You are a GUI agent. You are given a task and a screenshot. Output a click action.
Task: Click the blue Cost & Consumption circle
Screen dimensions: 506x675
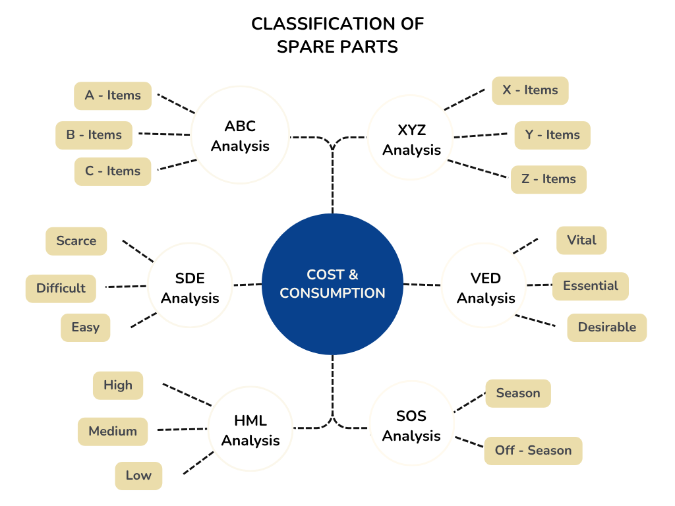(x=332, y=284)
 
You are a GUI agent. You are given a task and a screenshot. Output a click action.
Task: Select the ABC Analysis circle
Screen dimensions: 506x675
(x=240, y=135)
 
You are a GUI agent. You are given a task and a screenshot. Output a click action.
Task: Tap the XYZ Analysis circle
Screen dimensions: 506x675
(x=411, y=140)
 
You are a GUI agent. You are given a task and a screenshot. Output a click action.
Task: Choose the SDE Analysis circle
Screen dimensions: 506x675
(x=190, y=288)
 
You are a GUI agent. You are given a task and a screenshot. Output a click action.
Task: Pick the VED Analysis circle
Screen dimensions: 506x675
(x=486, y=288)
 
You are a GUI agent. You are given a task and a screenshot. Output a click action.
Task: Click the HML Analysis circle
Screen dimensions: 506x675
(x=250, y=430)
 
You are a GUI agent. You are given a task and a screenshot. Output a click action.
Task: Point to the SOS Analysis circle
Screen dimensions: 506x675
(x=411, y=426)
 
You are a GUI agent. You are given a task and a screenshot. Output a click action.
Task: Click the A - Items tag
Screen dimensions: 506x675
(x=113, y=96)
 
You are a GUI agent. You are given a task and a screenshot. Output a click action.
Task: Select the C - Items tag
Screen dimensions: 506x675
(x=113, y=171)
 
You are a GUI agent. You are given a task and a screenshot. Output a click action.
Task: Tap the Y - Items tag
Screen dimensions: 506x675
(x=552, y=135)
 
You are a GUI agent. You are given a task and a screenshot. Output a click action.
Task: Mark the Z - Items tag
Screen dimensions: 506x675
(x=548, y=179)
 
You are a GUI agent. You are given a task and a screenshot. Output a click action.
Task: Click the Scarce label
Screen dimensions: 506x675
(x=76, y=241)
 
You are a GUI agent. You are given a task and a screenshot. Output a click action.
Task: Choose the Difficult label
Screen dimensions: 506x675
(x=61, y=289)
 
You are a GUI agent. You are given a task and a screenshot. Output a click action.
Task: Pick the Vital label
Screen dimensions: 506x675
(x=581, y=240)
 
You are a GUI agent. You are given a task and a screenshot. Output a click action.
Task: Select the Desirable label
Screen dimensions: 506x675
(x=606, y=327)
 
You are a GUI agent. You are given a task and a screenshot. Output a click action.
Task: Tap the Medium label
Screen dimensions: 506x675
(x=113, y=432)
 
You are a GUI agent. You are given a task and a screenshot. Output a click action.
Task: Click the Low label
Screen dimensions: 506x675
(x=138, y=476)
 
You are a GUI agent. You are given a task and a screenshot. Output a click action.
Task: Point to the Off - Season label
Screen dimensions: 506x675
(x=533, y=451)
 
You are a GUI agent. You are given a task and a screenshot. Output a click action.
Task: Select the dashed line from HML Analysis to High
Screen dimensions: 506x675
(x=187, y=394)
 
